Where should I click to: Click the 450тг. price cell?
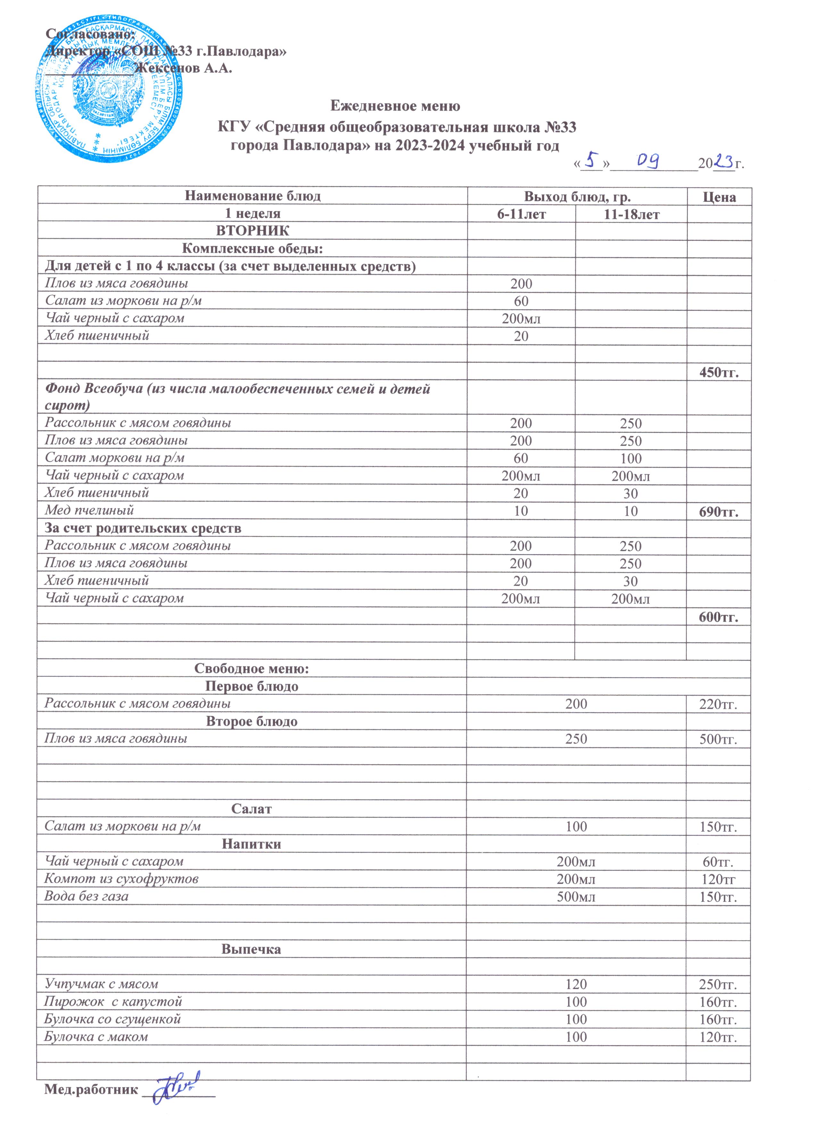click(x=719, y=372)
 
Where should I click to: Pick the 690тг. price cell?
click(x=719, y=512)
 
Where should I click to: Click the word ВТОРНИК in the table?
click(x=253, y=231)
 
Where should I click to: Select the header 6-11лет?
click(x=522, y=214)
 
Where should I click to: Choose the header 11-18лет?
click(x=631, y=214)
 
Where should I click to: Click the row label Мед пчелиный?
click(x=89, y=510)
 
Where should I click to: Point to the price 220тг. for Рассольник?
click(x=719, y=704)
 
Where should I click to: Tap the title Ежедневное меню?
click(x=395, y=106)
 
